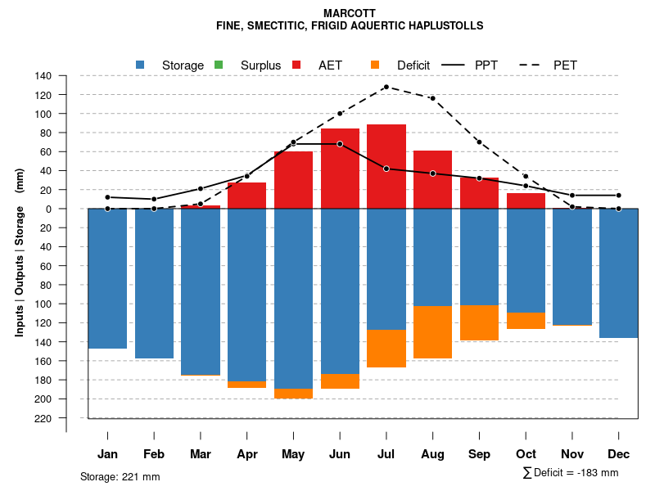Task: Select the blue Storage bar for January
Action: pos(107,278)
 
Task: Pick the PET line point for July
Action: pos(386,87)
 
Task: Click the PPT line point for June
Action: pos(340,144)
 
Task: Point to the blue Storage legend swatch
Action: pos(140,65)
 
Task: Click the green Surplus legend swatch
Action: pos(219,65)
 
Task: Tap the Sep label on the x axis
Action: pos(480,454)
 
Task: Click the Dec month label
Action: pos(619,454)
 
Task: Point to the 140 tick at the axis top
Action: pos(44,76)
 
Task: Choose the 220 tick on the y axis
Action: pos(44,418)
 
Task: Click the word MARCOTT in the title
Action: pos(350,14)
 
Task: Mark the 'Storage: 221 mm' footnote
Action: pos(120,477)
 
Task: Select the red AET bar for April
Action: pos(246,196)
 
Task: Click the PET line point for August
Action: pos(433,98)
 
